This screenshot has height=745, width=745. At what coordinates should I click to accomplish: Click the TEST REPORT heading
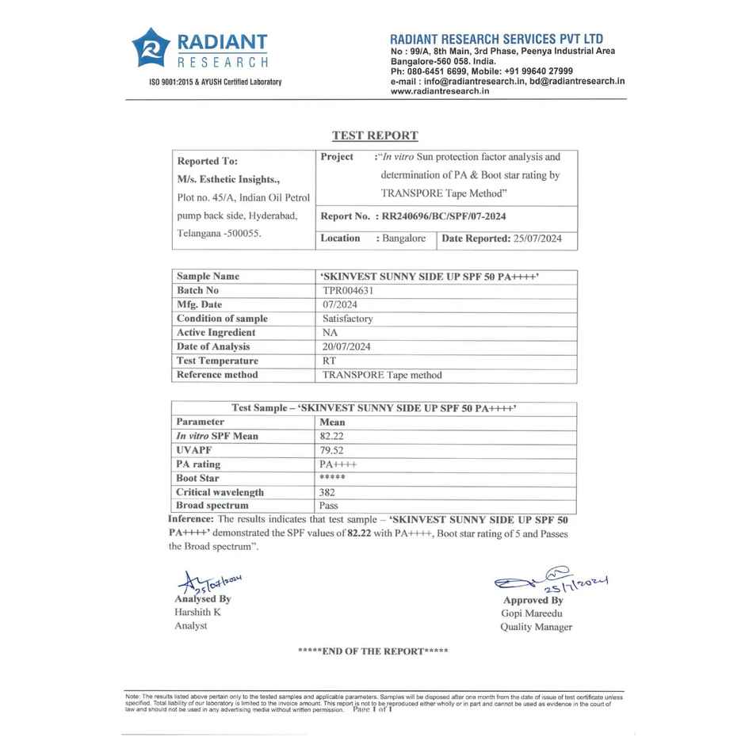coord(375,136)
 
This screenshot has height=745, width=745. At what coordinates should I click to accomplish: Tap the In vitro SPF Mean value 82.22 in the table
coord(332,436)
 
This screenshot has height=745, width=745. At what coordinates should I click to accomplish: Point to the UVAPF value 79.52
coord(332,450)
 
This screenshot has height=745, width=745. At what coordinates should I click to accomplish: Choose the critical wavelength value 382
coord(327,492)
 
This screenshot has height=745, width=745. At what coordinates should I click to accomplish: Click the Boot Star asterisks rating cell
coord(332,478)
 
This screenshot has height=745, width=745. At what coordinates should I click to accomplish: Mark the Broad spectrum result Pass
coord(329,506)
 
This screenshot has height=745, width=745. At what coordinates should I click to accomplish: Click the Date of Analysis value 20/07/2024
coord(346,346)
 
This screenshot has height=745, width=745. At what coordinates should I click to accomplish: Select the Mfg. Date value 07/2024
coord(339,304)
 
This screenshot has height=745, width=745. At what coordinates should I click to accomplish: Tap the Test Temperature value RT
coord(329,361)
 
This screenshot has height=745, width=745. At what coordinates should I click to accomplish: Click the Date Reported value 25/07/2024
coord(537,238)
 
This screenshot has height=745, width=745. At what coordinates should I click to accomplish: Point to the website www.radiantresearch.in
coord(440,91)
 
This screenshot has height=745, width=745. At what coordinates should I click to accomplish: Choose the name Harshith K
coord(197,612)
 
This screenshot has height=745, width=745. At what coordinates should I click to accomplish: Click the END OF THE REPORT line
coord(372,651)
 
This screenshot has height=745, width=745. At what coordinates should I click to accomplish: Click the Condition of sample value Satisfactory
coord(347,319)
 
